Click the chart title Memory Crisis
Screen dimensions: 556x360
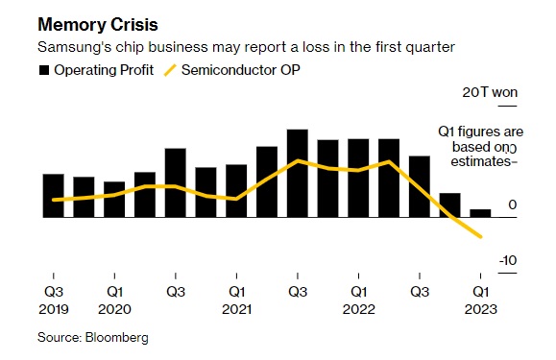(x=98, y=25)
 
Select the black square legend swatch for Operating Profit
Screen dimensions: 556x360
(x=44, y=70)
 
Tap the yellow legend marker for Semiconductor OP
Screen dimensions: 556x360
(x=170, y=70)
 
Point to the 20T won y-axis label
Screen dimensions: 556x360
(x=490, y=92)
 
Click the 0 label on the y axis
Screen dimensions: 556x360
(x=512, y=204)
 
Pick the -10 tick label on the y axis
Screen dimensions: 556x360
(x=508, y=261)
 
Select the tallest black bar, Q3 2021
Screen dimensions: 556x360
(x=298, y=173)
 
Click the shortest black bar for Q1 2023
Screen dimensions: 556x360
(x=480, y=213)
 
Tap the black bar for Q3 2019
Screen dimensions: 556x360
(x=54, y=196)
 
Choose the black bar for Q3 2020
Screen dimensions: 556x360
(x=176, y=182)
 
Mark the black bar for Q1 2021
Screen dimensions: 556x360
(x=236, y=191)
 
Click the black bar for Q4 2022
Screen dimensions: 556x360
(x=450, y=205)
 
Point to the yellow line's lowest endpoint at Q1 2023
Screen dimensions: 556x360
(x=481, y=237)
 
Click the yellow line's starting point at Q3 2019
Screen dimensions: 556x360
(x=54, y=200)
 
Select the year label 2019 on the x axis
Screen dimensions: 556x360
(x=54, y=309)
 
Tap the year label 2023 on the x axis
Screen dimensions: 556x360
(x=481, y=309)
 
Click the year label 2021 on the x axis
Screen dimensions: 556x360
(x=236, y=309)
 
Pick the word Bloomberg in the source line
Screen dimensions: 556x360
(x=116, y=337)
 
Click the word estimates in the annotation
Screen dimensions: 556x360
(x=480, y=161)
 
